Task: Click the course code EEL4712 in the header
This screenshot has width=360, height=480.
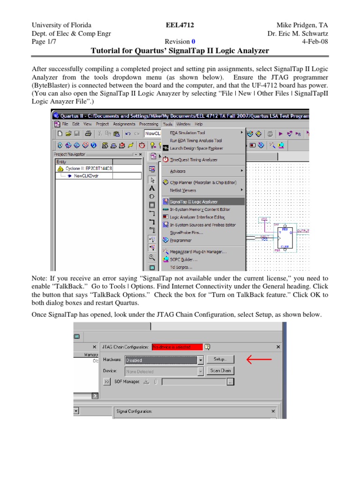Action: click(180, 25)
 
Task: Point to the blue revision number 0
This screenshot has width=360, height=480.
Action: click(193, 41)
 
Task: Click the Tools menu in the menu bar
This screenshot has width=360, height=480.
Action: click(168, 124)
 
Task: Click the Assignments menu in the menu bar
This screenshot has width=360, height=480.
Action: click(122, 124)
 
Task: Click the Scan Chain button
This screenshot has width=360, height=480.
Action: click(220, 370)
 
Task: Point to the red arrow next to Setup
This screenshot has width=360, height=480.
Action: click(259, 359)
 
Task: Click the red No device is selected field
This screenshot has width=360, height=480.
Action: click(177, 347)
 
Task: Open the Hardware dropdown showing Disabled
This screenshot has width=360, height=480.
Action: click(201, 360)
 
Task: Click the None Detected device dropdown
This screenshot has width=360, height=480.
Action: click(201, 371)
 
